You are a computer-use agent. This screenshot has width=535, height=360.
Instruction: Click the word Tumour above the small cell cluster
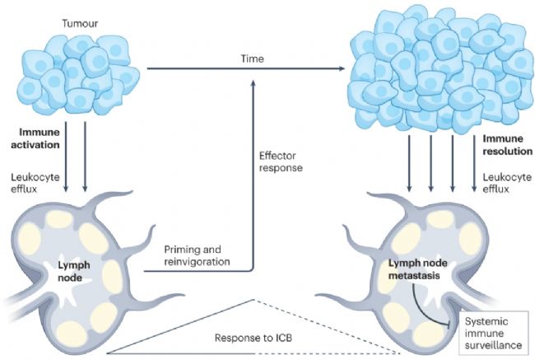click(80, 23)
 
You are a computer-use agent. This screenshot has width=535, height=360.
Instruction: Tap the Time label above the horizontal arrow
click(253, 58)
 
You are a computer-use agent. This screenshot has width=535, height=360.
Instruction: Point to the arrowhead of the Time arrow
click(342, 68)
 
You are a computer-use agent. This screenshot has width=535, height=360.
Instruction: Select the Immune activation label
click(35, 138)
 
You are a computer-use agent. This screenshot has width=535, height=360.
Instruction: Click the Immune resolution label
click(507, 145)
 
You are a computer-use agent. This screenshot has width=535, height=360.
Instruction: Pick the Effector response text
click(281, 162)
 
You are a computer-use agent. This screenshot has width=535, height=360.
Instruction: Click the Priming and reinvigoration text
click(197, 255)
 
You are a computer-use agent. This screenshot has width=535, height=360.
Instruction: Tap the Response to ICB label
click(254, 338)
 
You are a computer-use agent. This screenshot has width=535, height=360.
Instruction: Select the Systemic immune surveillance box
click(493, 333)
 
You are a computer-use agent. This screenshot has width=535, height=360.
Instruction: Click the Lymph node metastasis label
click(417, 269)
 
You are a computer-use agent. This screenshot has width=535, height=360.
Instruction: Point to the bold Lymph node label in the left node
click(74, 271)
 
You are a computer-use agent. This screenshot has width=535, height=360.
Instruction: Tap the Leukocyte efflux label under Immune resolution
click(507, 183)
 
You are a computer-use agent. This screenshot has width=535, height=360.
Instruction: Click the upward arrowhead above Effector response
click(254, 83)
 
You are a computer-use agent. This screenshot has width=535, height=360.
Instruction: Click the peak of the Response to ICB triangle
click(254, 300)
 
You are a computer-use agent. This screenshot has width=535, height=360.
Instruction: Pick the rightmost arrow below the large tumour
click(474, 163)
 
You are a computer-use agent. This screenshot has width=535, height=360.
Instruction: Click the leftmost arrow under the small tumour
click(66, 157)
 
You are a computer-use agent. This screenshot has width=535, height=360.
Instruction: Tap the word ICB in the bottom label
click(283, 338)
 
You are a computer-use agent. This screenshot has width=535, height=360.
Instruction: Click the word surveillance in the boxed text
click(493, 345)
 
